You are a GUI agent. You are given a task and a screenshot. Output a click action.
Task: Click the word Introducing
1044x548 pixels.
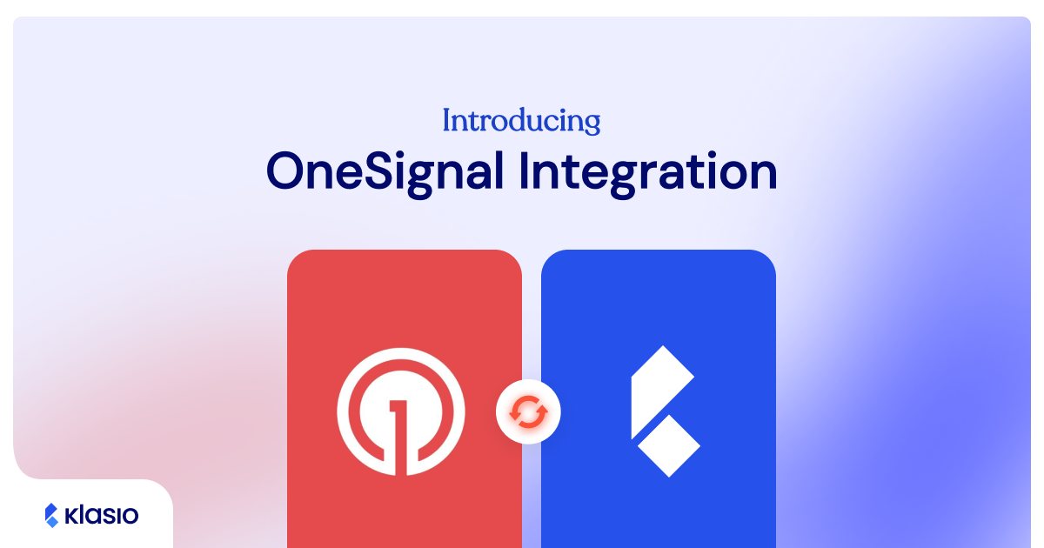[x=521, y=120]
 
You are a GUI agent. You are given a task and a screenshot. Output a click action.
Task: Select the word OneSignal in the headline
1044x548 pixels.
[x=385, y=172]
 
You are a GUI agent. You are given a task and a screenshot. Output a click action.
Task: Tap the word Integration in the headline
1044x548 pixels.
[x=648, y=172]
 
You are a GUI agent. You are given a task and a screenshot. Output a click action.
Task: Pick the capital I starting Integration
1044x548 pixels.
[x=525, y=171]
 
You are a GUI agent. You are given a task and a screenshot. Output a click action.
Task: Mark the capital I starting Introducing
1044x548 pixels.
[x=446, y=120]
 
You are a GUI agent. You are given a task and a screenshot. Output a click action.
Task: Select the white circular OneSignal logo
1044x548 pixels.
[x=401, y=412]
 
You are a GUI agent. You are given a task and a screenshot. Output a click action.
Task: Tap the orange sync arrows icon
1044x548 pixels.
[x=528, y=411]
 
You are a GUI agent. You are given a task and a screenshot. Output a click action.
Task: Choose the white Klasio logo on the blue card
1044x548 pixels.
[x=664, y=411]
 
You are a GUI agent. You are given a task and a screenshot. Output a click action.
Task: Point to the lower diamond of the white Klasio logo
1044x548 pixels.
[x=669, y=444]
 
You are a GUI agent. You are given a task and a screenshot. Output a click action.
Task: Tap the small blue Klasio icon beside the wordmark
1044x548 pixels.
[x=51, y=516]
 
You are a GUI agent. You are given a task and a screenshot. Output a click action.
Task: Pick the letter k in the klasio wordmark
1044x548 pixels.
[x=72, y=516]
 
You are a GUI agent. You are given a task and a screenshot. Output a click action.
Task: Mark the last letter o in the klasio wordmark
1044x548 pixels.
[x=130, y=517]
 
